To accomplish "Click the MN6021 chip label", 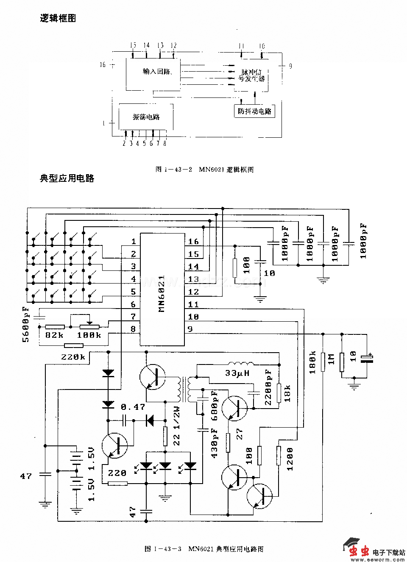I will click(x=162, y=294).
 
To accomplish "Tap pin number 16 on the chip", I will click(x=193, y=242).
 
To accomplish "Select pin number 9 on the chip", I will click(x=190, y=329).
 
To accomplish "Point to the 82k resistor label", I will click(x=54, y=335).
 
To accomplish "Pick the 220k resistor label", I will click(x=72, y=357).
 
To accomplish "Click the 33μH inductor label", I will click(x=237, y=373).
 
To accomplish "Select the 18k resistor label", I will click(x=288, y=393).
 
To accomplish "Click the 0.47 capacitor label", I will click(x=133, y=407).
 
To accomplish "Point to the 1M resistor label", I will click(x=332, y=359).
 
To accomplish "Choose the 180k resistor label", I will click(x=313, y=362).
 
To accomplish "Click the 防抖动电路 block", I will click(x=254, y=111).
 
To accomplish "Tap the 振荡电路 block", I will click(x=146, y=117).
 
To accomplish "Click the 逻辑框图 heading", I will click(x=58, y=18).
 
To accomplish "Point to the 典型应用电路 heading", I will click(x=67, y=178).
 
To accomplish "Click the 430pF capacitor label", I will click(x=214, y=443).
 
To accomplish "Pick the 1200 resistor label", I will click(x=290, y=459).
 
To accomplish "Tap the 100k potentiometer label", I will click(x=89, y=335).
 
